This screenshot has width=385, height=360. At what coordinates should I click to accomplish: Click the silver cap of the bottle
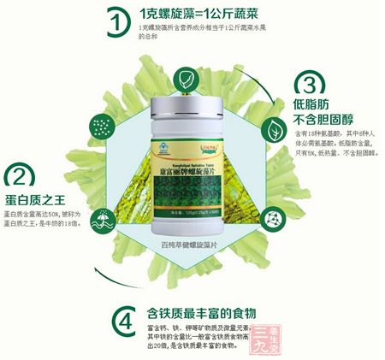tap(191, 109)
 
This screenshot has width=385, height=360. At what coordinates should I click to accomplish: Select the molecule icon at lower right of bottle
tap(273, 196)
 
